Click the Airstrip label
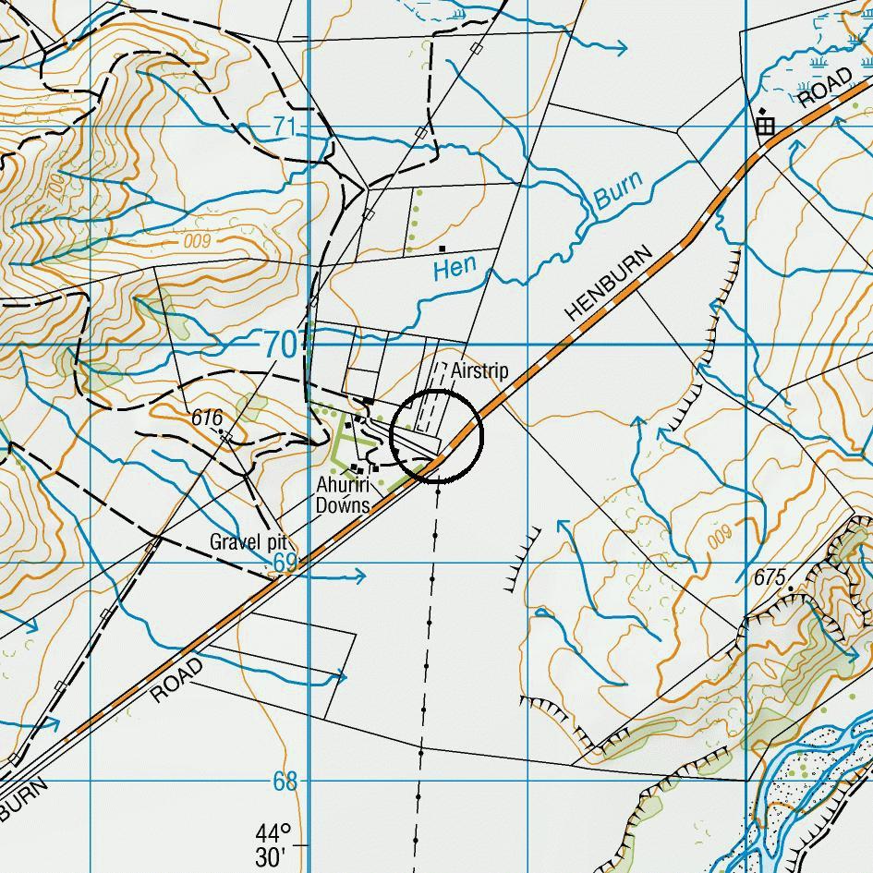pyautogui.click(x=479, y=371)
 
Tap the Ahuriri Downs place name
pyautogui.click(x=343, y=495)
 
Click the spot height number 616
pyautogui.click(x=207, y=418)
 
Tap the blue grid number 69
pyautogui.click(x=285, y=564)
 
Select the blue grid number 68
pyautogui.click(x=285, y=782)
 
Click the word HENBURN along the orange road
pyautogui.click(x=609, y=284)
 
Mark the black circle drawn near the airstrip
pyautogui.click(x=437, y=436)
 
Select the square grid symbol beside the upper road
pyautogui.click(x=764, y=126)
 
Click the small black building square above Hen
pyautogui.click(x=443, y=249)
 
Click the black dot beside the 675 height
pyautogui.click(x=791, y=588)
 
